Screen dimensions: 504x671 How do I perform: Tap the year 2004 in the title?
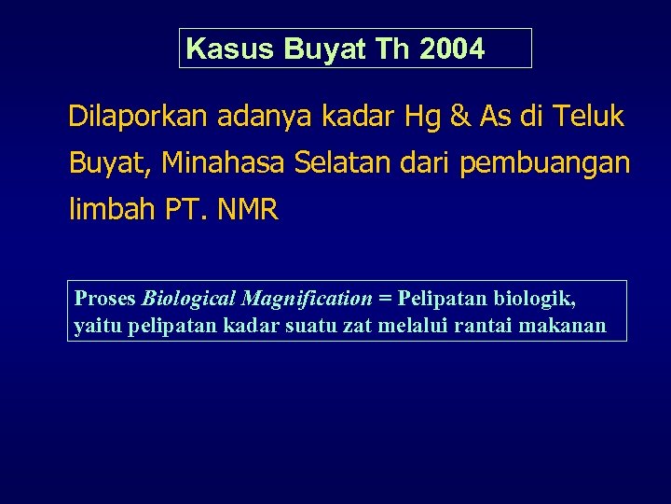pyautogui.click(x=452, y=49)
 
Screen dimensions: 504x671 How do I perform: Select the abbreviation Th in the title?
pyautogui.click(x=394, y=49)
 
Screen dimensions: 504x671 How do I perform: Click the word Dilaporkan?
pyautogui.click(x=138, y=118)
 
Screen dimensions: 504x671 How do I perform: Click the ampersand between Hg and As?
pyautogui.click(x=460, y=118)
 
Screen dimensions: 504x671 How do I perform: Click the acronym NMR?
pyautogui.click(x=247, y=210)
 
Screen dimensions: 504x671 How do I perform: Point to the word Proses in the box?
pyautogui.click(x=104, y=299)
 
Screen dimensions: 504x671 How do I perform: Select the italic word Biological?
pyautogui.click(x=188, y=299)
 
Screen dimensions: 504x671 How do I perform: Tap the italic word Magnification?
pyautogui.click(x=306, y=299)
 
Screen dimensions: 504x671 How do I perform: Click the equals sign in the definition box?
pyautogui.click(x=385, y=299)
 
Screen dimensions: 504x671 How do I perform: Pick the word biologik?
pyautogui.click(x=535, y=299)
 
